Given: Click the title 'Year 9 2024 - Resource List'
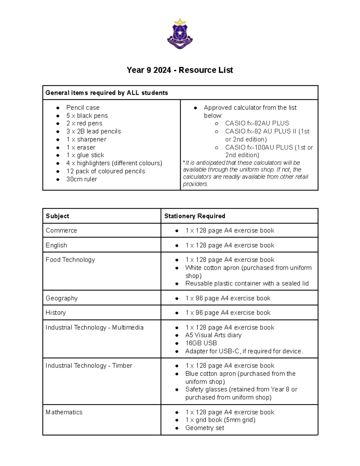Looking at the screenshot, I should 180,70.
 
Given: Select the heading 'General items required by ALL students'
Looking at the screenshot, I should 106,93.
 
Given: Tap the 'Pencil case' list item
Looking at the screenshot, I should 83,107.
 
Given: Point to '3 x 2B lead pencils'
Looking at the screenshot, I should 94,131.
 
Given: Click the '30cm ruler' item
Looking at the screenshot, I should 82,179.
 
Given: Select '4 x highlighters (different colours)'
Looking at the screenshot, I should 114,163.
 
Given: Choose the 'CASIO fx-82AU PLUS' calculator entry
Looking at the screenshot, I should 257,123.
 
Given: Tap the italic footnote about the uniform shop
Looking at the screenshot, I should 245,173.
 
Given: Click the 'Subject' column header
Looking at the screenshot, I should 57,216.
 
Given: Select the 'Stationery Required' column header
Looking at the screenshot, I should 195,216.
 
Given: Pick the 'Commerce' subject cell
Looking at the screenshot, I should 61,230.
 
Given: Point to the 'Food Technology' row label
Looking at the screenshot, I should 70,260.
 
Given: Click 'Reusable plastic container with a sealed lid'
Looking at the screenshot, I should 247,284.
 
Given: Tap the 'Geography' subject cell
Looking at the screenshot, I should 61,298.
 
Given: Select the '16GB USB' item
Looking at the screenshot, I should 201,343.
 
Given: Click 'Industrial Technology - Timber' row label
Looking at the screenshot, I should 89,366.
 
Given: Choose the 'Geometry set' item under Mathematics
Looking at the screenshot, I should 205,428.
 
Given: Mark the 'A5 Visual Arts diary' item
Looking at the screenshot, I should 213,335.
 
